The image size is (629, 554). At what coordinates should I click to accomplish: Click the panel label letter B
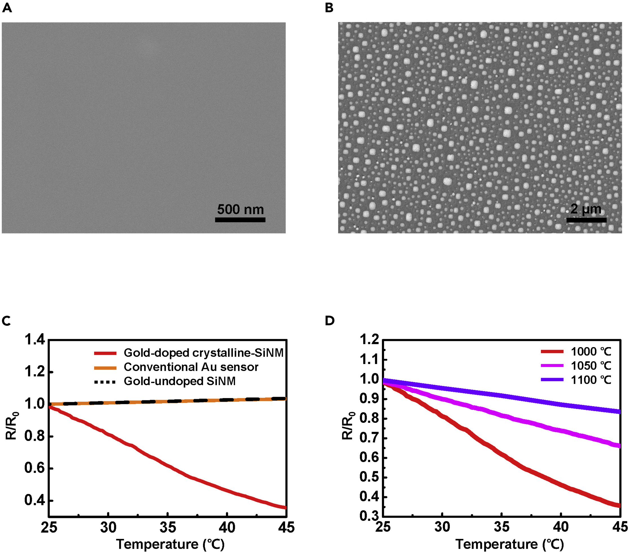[329, 8]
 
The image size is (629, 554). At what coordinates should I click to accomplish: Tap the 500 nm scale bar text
[240, 209]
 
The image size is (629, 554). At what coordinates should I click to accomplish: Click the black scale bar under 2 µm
[586, 220]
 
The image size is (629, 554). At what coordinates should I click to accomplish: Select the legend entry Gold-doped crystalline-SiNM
[203, 353]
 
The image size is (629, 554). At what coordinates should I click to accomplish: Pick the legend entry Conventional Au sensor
[191, 367]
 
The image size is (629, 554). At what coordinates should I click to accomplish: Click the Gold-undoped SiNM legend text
[179, 381]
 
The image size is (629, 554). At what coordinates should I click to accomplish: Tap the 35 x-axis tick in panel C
[168, 527]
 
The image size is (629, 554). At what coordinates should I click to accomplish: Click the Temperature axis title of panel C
[170, 544]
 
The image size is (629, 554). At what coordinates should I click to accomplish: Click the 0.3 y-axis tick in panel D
[369, 516]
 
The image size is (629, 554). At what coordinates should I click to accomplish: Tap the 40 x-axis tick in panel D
[561, 527]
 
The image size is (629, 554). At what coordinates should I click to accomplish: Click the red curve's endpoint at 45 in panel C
[285, 508]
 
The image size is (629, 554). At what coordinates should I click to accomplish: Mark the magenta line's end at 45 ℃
[619, 446]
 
